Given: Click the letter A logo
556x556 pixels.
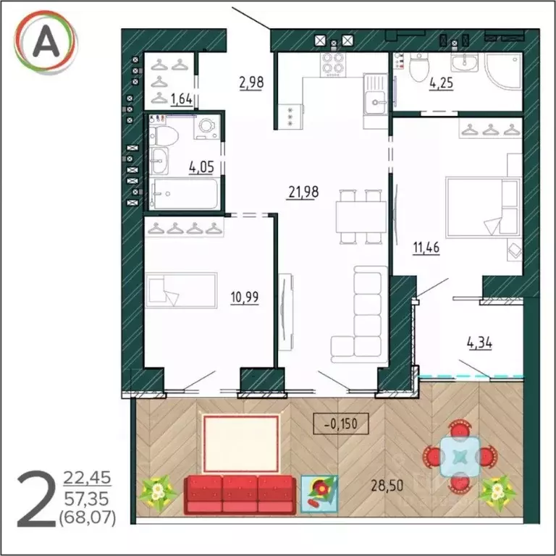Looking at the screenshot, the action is [45, 42].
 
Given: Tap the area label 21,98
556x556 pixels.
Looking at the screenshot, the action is [303, 192].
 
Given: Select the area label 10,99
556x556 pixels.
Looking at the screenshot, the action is [244, 297].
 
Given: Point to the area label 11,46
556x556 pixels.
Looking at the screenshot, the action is [426, 248].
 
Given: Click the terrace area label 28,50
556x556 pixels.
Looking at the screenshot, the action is [387, 486].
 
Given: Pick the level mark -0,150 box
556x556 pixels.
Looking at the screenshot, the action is [341, 424].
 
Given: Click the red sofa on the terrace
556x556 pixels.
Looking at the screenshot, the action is [240, 495].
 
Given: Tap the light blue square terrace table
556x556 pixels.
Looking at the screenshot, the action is [460, 456].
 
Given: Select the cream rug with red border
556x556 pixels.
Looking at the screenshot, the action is [240, 444].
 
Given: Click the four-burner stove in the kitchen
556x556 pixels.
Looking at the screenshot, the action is [332, 65].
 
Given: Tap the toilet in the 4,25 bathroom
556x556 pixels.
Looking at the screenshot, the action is [419, 68].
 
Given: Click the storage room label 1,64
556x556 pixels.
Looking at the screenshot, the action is [181, 99].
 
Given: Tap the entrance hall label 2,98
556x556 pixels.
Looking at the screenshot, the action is [251, 83].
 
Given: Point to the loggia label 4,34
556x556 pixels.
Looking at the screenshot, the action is [479, 343].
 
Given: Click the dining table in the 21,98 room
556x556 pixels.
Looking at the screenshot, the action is [361, 216].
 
